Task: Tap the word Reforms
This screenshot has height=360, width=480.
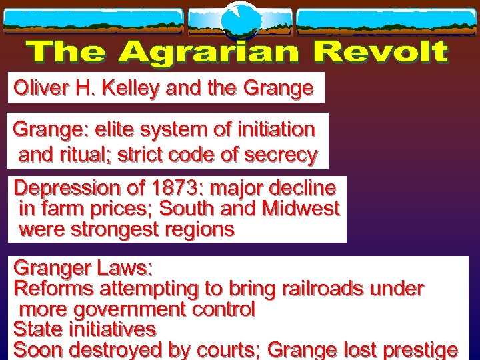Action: [x=55, y=289]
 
